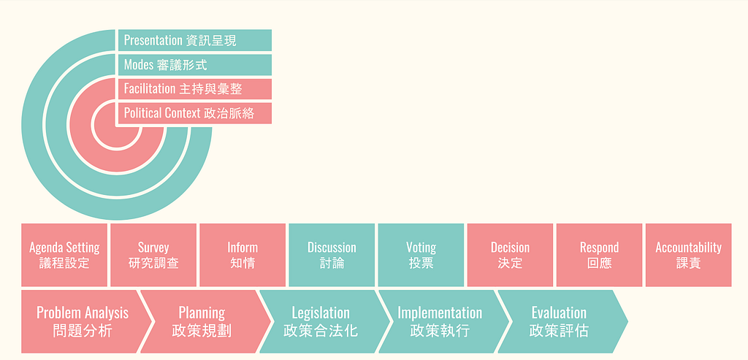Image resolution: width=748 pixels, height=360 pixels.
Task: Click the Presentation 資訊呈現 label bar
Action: pos(194,40)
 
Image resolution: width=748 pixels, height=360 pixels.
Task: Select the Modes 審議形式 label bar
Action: pos(194,65)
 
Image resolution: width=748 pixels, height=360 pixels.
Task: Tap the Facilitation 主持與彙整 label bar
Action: pos(194,89)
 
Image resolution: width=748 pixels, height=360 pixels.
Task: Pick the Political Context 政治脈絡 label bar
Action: pos(194,113)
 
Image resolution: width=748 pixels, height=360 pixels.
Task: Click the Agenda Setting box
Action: pos(64,255)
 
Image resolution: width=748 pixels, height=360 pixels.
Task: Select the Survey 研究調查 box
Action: pos(153,255)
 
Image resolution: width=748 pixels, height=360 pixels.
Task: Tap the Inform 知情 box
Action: pos(243,255)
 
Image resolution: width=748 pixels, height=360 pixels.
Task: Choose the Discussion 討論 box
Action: pos(332,255)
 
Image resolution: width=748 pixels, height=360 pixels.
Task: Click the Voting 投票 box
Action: pos(421,255)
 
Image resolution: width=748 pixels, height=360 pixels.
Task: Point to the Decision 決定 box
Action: pos(510,255)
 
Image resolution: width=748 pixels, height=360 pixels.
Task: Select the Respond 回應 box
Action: pos(599,255)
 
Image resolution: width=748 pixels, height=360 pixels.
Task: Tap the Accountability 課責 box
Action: pos(688,255)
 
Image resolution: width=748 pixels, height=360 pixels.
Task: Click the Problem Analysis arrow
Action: pos(83,321)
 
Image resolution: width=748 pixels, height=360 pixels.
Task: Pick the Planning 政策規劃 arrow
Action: pos(202,321)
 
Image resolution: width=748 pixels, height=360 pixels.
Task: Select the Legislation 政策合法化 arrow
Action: pos(321,321)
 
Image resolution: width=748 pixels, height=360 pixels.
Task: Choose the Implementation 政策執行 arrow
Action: pos(440,321)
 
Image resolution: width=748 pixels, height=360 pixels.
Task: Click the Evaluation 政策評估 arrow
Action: pos(559,321)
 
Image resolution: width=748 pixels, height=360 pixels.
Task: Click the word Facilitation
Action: pos(149,89)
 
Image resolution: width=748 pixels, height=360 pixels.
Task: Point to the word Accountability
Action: pos(688,248)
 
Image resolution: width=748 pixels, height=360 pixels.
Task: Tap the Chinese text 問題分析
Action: pos(83,330)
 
